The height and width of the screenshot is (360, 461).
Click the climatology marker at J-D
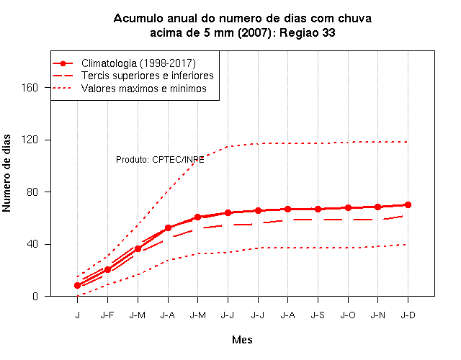(x=408, y=204)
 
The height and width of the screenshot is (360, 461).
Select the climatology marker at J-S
(x=318, y=210)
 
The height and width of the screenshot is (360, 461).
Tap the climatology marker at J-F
(x=107, y=269)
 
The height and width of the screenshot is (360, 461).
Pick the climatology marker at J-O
(x=348, y=208)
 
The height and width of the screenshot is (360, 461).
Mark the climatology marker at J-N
(x=377, y=207)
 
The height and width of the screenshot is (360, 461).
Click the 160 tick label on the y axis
(x=30, y=88)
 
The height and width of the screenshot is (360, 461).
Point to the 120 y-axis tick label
(x=30, y=140)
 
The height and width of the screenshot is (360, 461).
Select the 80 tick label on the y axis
(x=32, y=192)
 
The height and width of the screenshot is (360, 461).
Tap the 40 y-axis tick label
(x=32, y=244)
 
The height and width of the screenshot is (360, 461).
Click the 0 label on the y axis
(x=35, y=296)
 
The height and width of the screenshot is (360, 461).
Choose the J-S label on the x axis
(x=318, y=315)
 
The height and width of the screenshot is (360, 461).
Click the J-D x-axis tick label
(x=408, y=315)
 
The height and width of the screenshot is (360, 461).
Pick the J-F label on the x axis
(x=107, y=315)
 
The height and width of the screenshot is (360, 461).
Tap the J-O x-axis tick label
(x=348, y=315)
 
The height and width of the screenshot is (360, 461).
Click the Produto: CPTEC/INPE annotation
(x=160, y=160)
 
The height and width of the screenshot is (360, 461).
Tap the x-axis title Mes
(x=242, y=340)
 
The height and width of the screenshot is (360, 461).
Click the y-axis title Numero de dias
(x=6, y=174)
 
